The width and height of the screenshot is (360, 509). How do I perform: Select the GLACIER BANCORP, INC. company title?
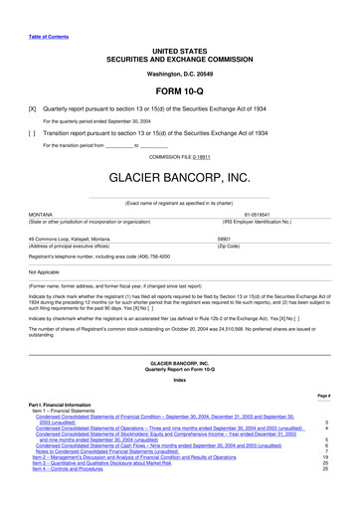pyautogui.click(x=179, y=179)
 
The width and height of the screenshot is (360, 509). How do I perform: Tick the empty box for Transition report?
pyautogui.click(x=33, y=131)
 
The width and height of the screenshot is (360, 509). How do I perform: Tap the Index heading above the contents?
pyautogui.click(x=179, y=379)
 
